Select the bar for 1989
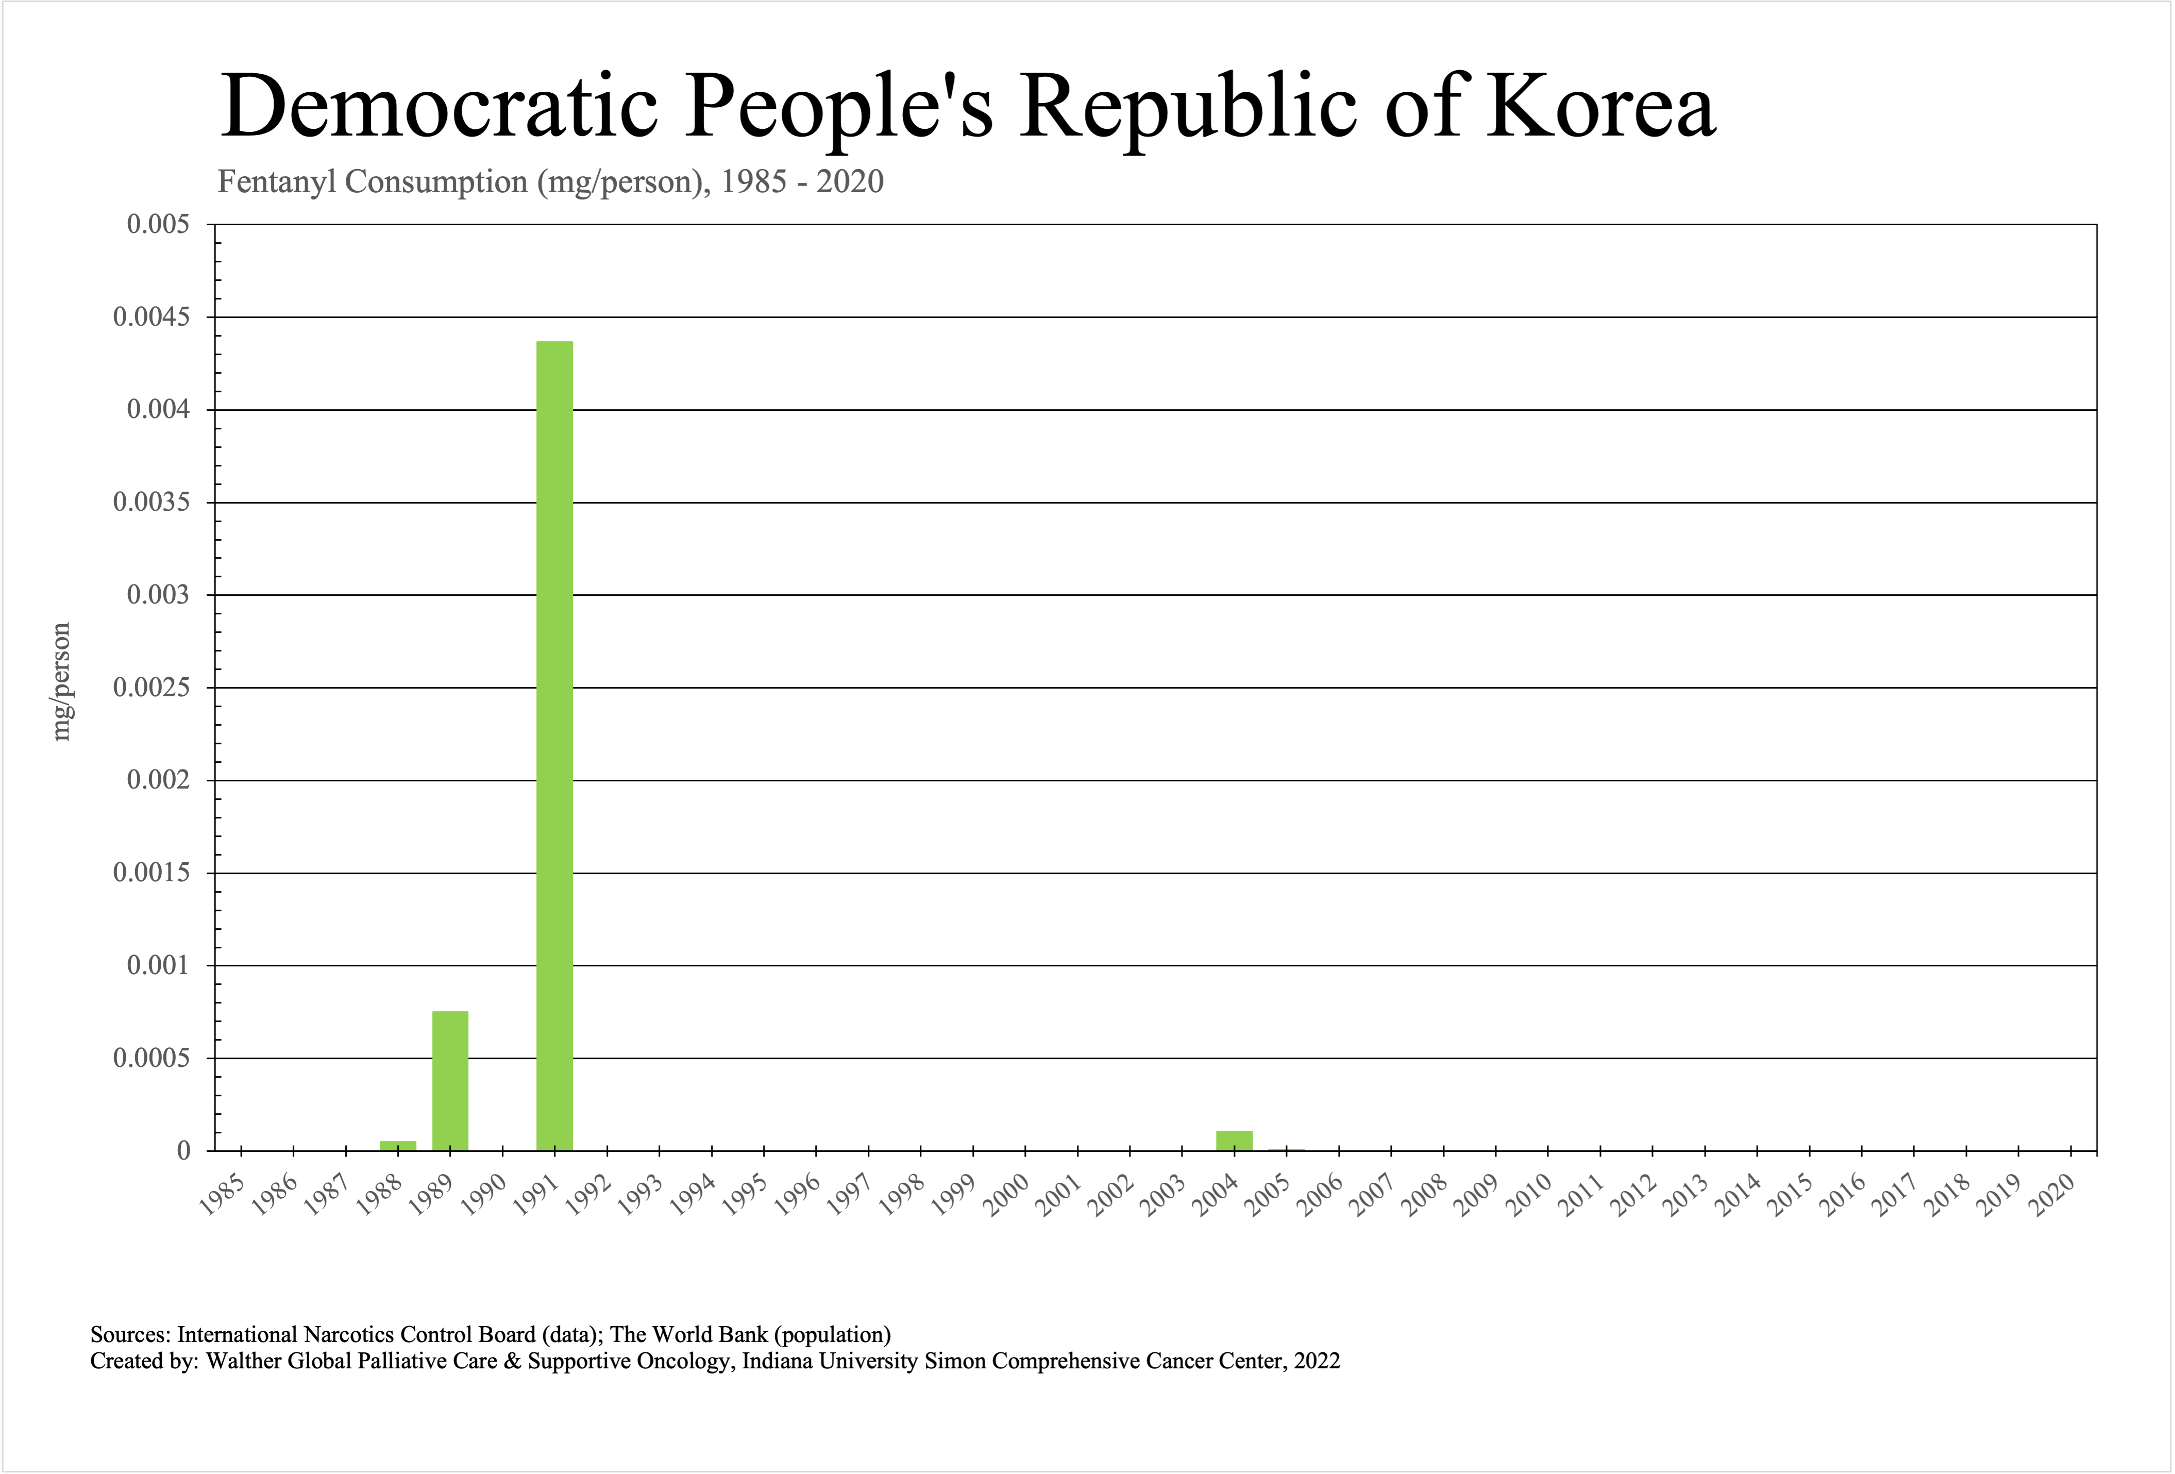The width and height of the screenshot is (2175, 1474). point(450,1081)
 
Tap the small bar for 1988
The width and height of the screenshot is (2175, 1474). point(398,1146)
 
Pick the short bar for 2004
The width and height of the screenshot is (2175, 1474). point(1234,1141)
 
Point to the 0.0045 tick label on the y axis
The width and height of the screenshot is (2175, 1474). point(150,317)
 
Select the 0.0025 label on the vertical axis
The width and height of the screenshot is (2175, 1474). point(150,688)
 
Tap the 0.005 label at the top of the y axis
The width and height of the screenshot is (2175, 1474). point(157,225)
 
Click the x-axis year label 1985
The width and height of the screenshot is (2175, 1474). point(223,1195)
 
